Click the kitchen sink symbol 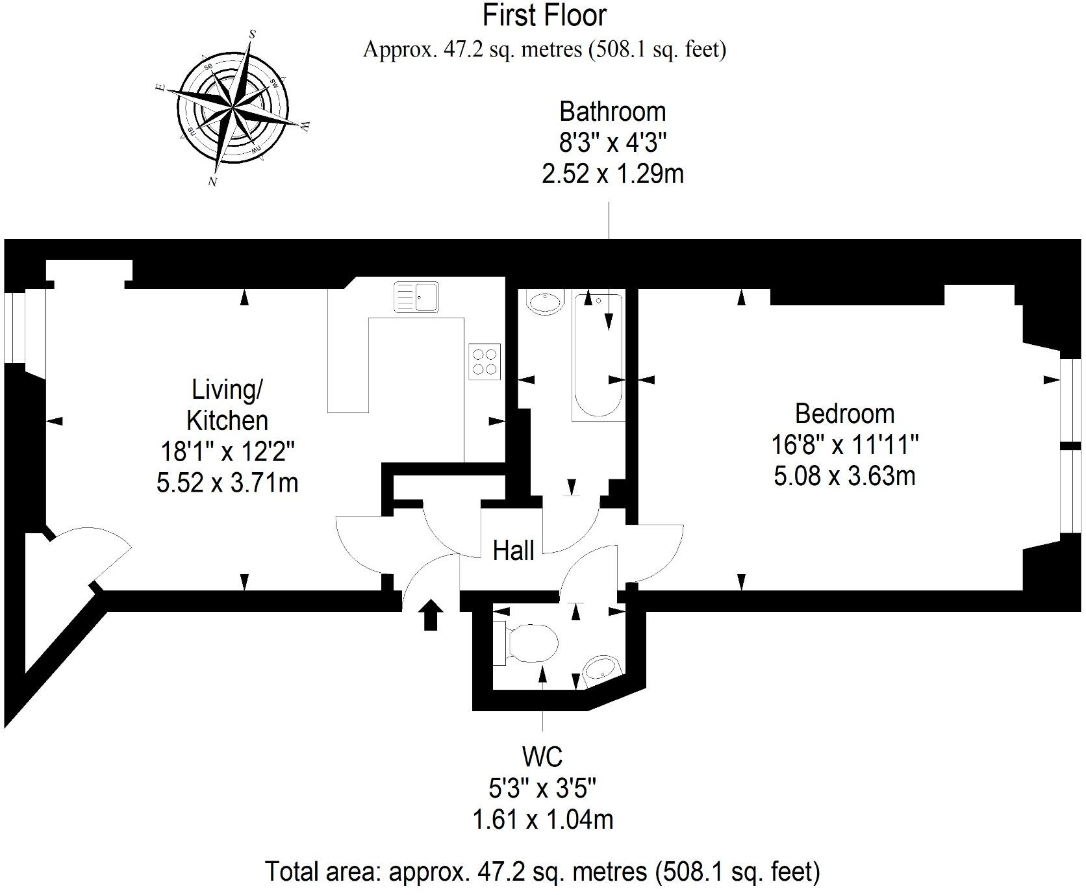[416, 297]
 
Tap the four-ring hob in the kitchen [485, 362]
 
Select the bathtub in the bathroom [598, 357]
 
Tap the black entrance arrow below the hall [431, 614]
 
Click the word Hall [513, 551]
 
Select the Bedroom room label [844, 414]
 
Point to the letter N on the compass [212, 182]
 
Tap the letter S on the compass [253, 34]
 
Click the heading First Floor [544, 16]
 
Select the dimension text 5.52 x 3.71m [227, 483]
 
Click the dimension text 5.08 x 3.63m [844, 476]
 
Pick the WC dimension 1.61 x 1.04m [542, 820]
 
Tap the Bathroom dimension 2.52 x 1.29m [612, 174]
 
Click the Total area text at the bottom [542, 871]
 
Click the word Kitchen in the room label [227, 420]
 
